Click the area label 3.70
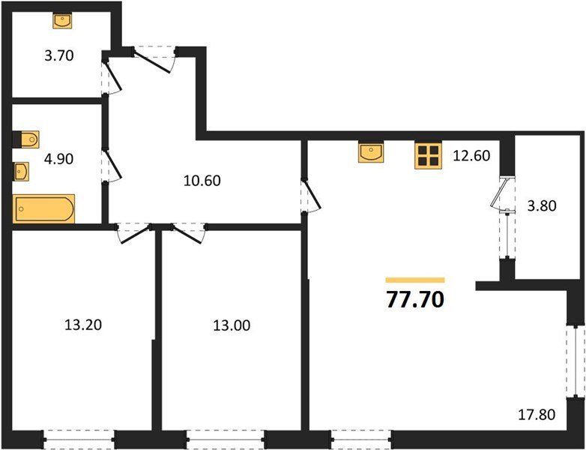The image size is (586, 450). click(58, 55)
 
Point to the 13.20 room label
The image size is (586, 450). click(83, 325)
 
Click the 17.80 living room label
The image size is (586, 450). click(537, 414)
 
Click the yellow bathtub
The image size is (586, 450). click(43, 208)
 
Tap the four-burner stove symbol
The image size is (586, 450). click(429, 155)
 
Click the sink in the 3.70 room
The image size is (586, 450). click(62, 20)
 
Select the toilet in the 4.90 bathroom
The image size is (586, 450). click(26, 140)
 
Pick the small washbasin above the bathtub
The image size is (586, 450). click(22, 172)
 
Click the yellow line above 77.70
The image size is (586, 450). click(414, 279)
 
